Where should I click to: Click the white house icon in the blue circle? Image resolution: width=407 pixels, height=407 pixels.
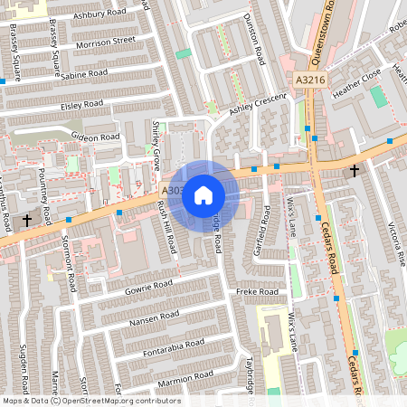203,194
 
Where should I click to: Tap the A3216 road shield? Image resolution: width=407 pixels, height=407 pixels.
309,80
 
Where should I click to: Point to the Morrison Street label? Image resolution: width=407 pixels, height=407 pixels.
106,42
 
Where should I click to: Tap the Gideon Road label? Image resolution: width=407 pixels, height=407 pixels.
97,137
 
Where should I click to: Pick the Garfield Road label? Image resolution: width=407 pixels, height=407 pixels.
266,228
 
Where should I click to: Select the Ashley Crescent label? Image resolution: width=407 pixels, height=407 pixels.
257,106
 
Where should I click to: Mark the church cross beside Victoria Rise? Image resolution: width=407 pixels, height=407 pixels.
355,170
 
